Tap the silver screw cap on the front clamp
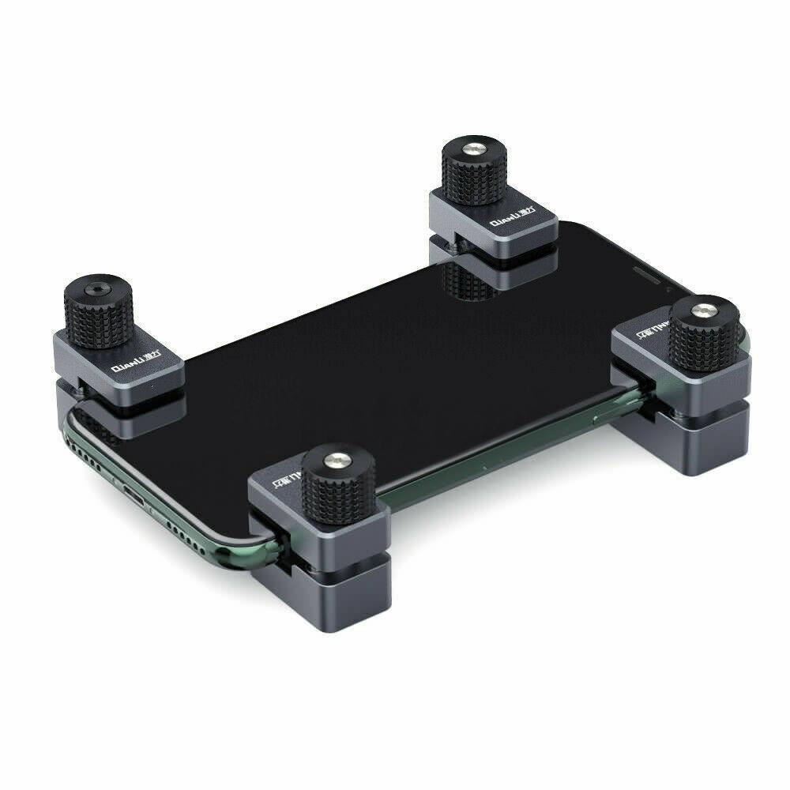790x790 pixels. click(336, 457)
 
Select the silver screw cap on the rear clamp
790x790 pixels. click(473, 149)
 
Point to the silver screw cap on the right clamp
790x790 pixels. click(702, 307)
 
